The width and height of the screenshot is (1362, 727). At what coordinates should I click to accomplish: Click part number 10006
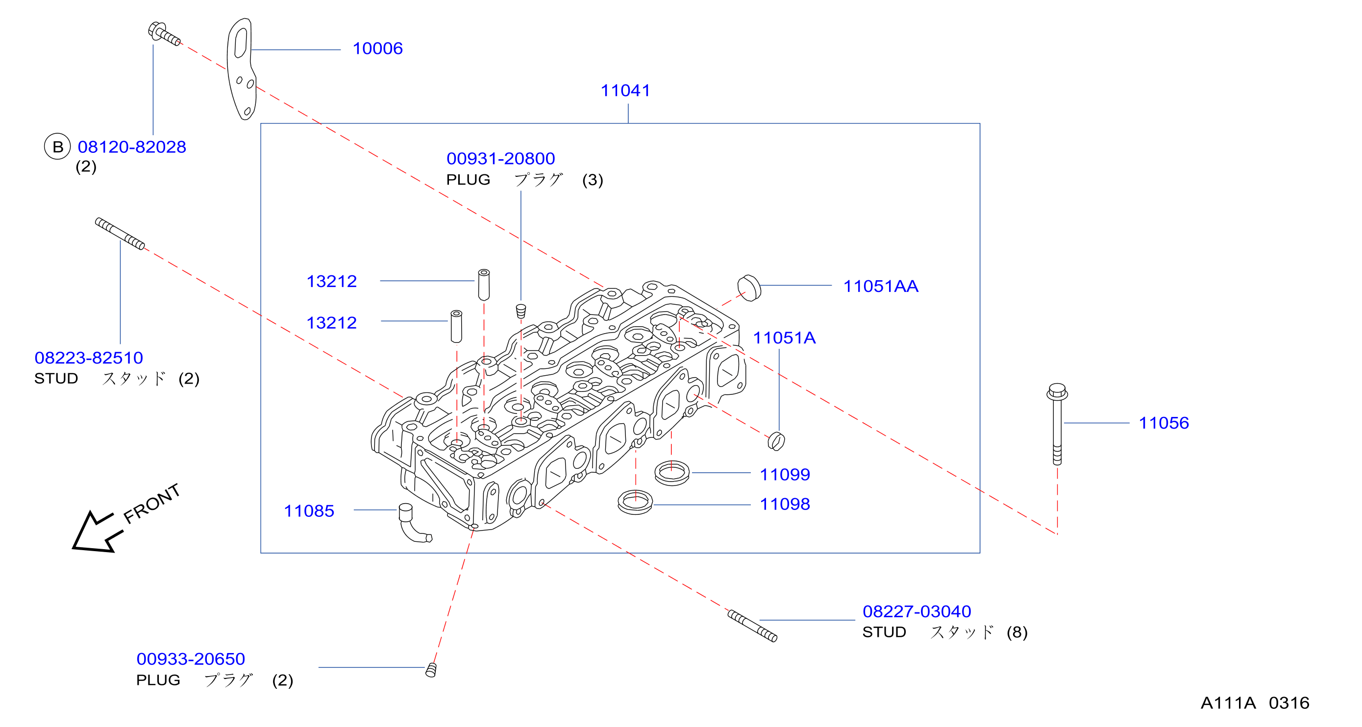(x=377, y=48)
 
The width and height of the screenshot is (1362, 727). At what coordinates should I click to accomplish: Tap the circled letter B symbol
(x=57, y=146)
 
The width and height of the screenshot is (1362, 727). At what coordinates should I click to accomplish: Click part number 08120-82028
(x=132, y=147)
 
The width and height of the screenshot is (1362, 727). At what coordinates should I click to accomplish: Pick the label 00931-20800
(x=501, y=159)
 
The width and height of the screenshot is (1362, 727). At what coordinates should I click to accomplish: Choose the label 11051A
(x=784, y=338)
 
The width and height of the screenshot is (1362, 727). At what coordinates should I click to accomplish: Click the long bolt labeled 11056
(x=1057, y=424)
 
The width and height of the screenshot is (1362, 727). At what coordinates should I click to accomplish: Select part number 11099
(x=785, y=474)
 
